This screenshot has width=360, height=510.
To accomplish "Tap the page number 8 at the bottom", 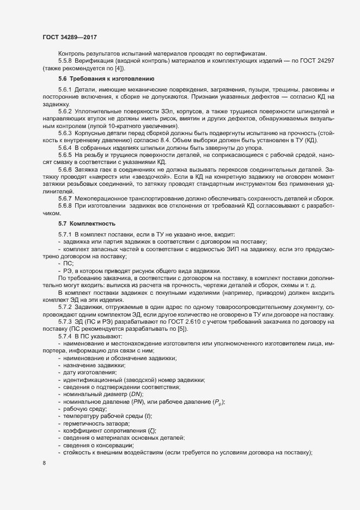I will click(44, 463).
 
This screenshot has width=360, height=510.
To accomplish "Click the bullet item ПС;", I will click(69, 263).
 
